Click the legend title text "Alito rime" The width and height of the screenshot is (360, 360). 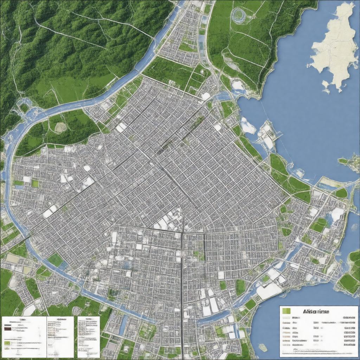point(316,311)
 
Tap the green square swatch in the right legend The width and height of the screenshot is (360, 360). point(287,311)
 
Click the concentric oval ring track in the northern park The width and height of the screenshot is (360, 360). point(238,15)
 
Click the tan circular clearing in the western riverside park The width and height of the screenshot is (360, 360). point(60,127)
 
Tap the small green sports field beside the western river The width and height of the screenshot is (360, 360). point(35,183)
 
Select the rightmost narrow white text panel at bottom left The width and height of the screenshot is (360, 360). point(89,336)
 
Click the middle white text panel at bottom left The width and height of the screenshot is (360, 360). point(60,336)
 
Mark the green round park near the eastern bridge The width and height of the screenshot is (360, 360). point(341,193)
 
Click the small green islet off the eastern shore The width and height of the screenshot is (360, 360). point(343,161)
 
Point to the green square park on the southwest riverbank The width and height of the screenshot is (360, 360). point(55,260)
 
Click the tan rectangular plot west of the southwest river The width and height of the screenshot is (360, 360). point(13,258)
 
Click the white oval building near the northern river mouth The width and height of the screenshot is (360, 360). point(206,96)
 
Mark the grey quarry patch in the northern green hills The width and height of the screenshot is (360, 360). point(232,65)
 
